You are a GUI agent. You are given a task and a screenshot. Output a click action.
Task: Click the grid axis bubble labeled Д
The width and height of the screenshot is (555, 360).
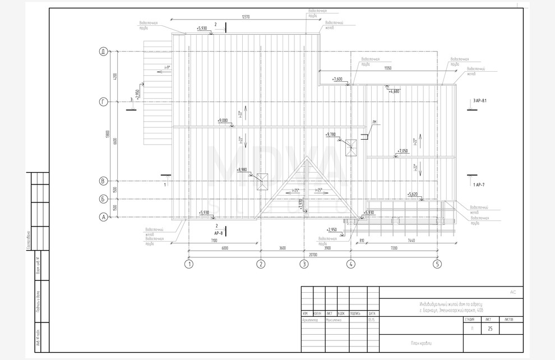tap(103, 52)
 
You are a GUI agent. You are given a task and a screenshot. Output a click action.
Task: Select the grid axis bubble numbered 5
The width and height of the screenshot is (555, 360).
tap(437, 264)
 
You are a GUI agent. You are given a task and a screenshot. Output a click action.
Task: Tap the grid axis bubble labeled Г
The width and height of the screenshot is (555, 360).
tap(103, 101)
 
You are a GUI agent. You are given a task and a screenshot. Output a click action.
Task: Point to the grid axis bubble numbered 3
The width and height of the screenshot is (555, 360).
tap(304, 264)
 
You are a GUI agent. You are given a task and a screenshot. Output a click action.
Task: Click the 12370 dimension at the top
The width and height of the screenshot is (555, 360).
tap(246, 17)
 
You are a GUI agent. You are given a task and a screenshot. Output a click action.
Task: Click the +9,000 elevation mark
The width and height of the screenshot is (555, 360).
tap(223, 121)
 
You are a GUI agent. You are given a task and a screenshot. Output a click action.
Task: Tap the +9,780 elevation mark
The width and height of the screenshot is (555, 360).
tap(331, 135)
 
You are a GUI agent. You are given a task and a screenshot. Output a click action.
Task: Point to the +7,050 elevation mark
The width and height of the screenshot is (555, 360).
tap(403, 151)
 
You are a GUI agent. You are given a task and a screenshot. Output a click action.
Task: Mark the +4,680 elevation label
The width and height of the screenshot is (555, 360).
tap(394, 91)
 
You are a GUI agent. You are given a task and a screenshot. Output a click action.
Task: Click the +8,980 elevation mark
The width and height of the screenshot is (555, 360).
tap(242, 169)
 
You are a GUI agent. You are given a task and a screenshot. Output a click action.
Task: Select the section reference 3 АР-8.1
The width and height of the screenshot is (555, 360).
tap(479, 100)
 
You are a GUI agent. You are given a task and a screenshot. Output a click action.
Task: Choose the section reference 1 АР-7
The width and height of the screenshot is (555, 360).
tap(478, 184)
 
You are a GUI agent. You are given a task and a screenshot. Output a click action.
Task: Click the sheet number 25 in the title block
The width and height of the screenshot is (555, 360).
tap(490, 329)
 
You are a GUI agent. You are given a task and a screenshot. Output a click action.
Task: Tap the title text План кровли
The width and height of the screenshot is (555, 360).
tap(421, 343)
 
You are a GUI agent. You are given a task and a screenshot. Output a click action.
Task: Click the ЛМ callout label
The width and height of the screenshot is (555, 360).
tap(374, 122)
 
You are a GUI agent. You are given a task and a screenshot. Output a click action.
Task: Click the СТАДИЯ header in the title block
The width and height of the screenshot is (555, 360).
tap(470, 319)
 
